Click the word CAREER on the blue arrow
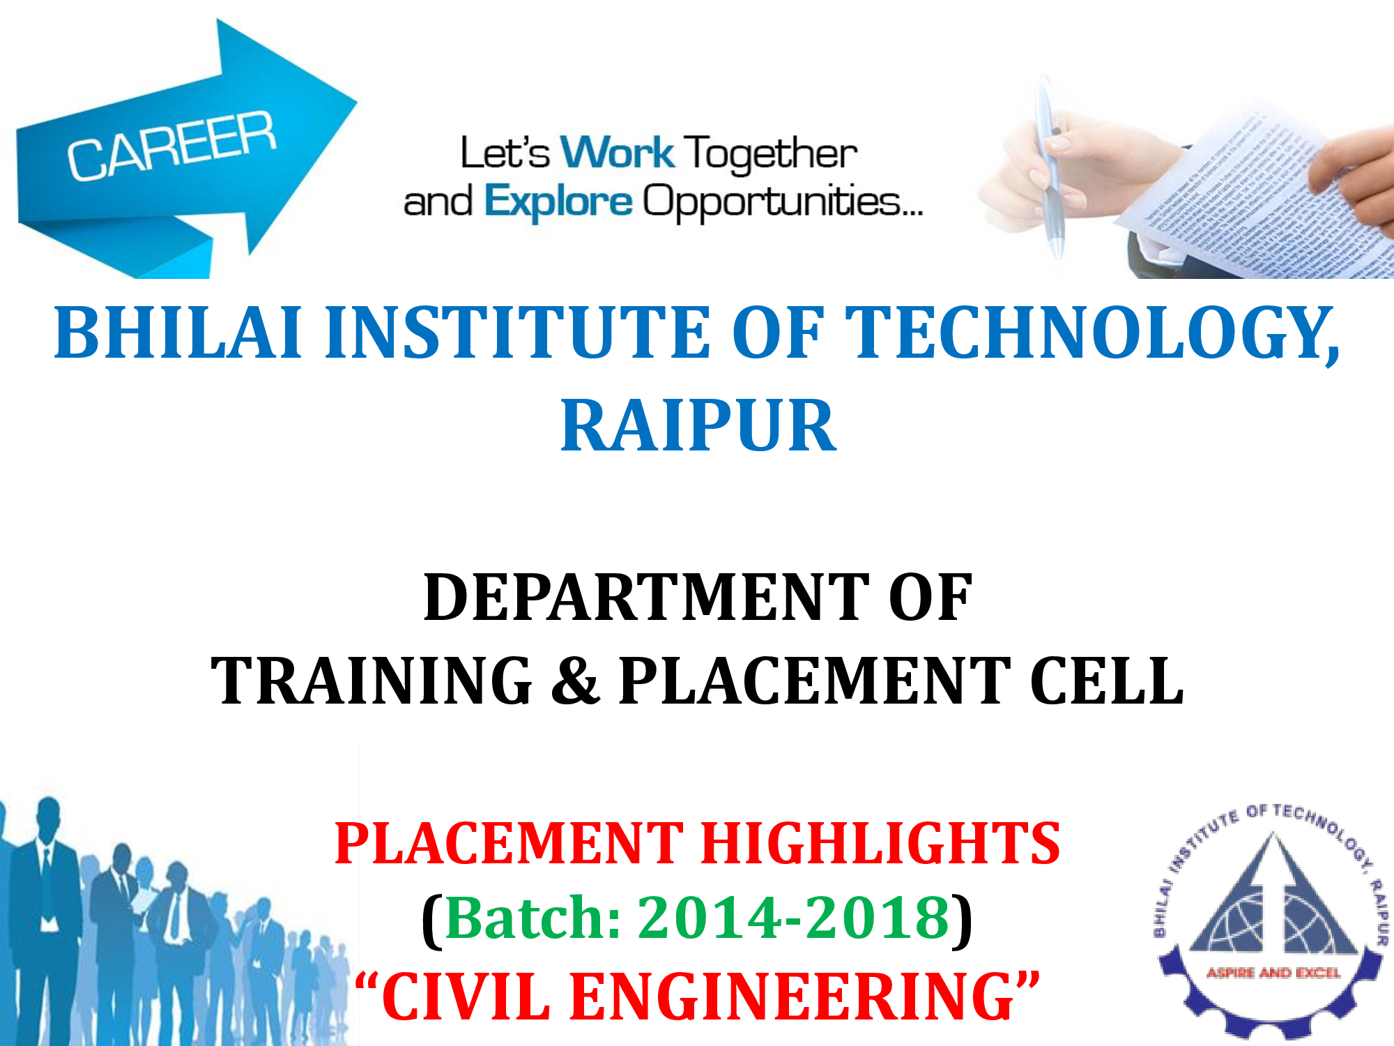click(x=171, y=145)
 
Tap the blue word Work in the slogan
click(x=618, y=153)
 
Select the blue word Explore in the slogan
click(x=558, y=202)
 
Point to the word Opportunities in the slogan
click(x=782, y=202)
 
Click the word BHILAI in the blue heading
click(x=178, y=333)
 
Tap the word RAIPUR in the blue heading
click(x=698, y=426)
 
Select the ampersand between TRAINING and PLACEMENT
click(x=575, y=681)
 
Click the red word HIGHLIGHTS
click(x=881, y=843)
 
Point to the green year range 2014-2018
click(x=795, y=918)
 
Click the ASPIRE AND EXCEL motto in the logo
click(x=1273, y=973)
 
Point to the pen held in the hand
click(x=1051, y=167)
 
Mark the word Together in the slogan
click(x=770, y=154)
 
